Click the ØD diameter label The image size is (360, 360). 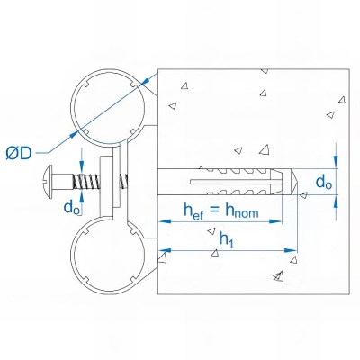(20, 154)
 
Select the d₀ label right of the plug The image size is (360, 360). (322, 183)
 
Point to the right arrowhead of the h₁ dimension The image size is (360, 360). (292, 248)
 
